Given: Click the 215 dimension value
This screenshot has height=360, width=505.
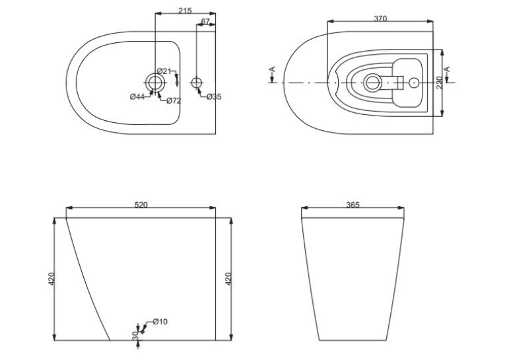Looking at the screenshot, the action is click(x=185, y=11).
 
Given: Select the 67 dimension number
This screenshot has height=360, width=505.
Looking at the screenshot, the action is click(x=205, y=22).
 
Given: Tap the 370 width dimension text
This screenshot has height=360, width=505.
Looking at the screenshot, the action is click(x=380, y=18).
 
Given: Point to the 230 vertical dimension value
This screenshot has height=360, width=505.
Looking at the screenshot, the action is click(x=439, y=83).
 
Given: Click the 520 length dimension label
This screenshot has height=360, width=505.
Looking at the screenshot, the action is click(x=141, y=205).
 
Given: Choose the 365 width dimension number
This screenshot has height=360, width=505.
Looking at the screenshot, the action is click(x=353, y=205).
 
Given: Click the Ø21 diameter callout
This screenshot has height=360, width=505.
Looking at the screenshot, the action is click(x=164, y=71).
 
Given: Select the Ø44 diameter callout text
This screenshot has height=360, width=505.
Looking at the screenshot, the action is click(x=137, y=96).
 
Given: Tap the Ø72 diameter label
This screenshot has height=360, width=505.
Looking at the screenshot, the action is click(x=174, y=101).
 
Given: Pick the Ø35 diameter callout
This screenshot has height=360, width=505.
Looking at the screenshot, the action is click(x=214, y=96).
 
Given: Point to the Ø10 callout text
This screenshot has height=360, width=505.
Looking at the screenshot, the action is click(x=160, y=322).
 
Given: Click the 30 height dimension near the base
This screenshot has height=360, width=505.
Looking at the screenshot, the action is click(x=135, y=336).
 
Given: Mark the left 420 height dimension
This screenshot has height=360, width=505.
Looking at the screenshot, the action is click(x=51, y=279).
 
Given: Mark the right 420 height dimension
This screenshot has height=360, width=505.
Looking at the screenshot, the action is click(x=228, y=279).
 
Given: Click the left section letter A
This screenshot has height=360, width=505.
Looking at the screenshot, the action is click(x=273, y=69).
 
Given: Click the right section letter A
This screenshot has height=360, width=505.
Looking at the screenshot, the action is click(x=447, y=69).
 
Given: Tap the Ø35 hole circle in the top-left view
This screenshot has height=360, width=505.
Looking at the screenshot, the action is click(x=197, y=83).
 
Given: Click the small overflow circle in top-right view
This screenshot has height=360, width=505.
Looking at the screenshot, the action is click(x=414, y=83).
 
